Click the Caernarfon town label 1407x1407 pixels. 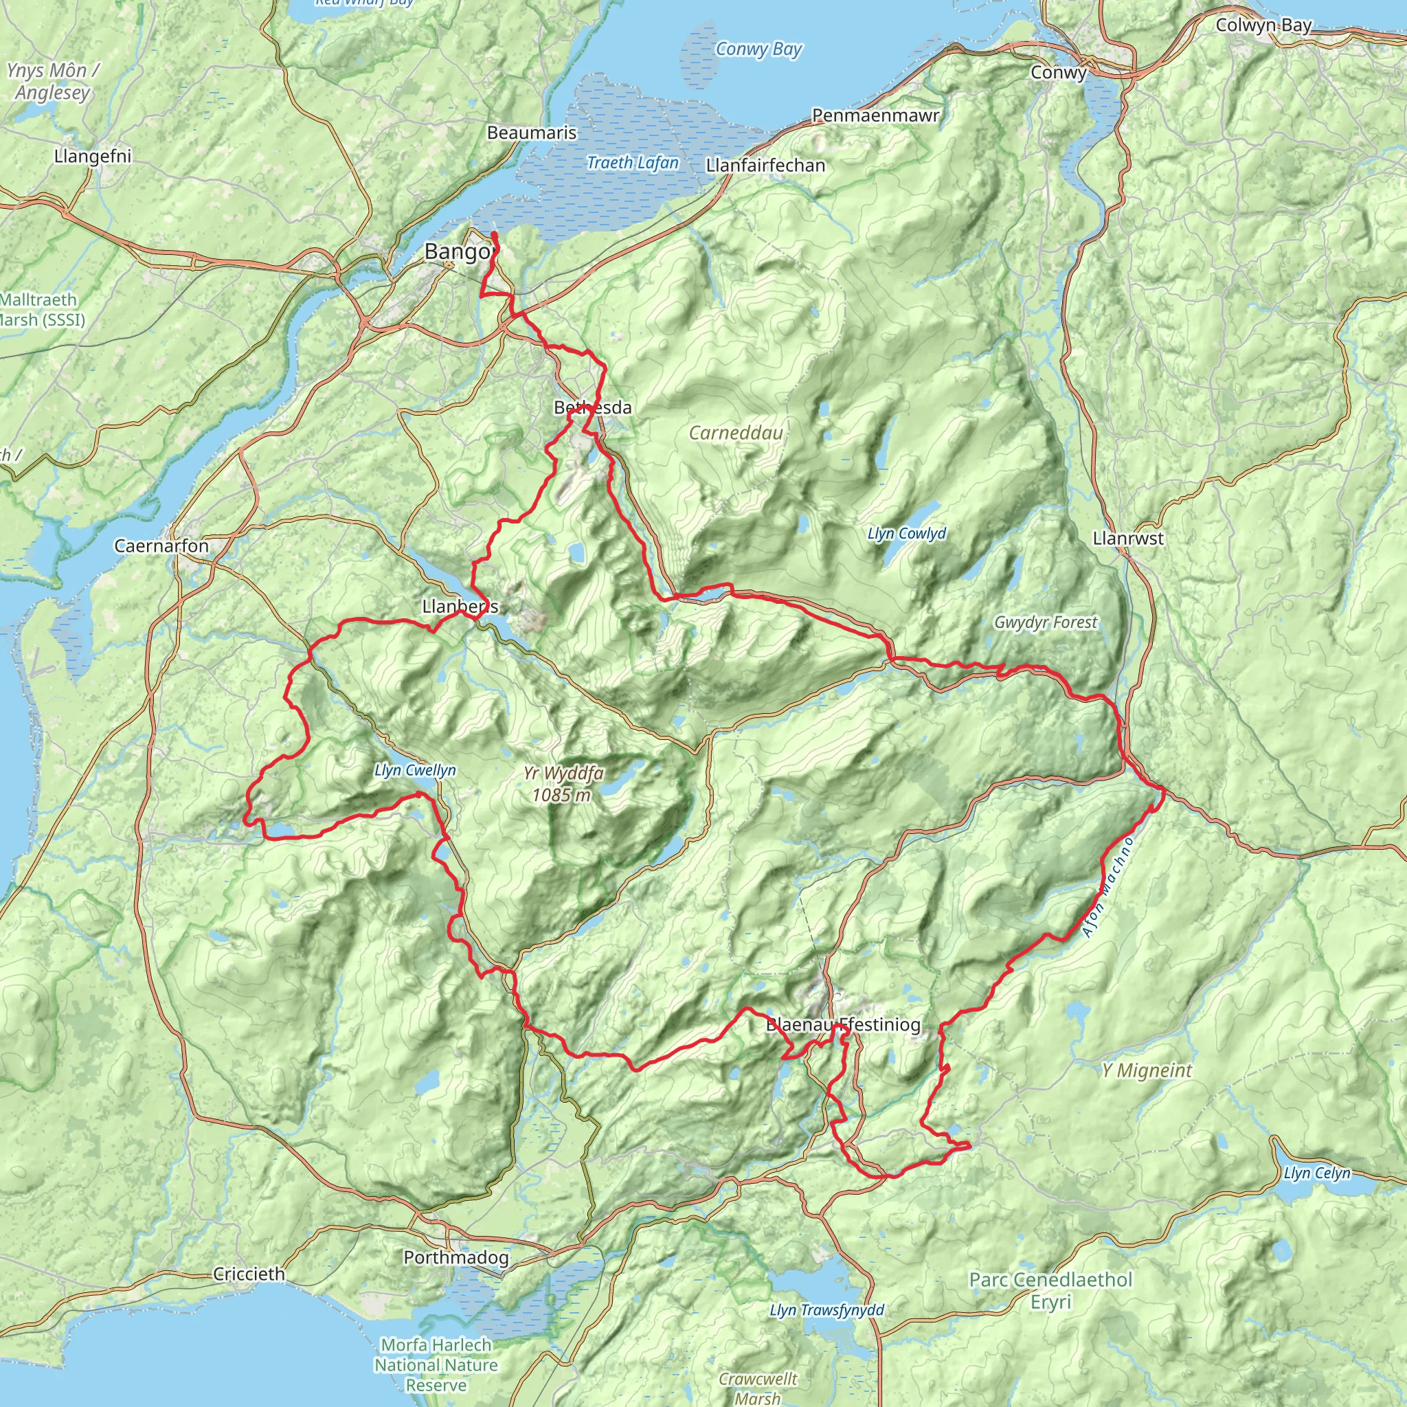[161, 546]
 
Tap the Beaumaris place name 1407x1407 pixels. [532, 133]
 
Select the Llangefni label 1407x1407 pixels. [93, 156]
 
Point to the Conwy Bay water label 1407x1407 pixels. [758, 49]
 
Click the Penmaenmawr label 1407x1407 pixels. [875, 115]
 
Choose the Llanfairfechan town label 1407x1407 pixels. [765, 166]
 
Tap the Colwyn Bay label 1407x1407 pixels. [1263, 25]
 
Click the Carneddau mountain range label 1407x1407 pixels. [736, 433]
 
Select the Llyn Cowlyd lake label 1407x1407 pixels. [907, 533]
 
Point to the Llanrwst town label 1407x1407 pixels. [1128, 538]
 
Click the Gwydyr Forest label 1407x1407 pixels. [1045, 622]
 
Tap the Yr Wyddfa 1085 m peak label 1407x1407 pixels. [563, 784]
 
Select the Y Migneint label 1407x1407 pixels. [1147, 1070]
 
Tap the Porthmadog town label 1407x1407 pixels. [456, 1257]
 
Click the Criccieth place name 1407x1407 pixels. [249, 1274]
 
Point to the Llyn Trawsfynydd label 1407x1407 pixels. [826, 1310]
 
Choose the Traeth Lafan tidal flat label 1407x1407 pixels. [632, 162]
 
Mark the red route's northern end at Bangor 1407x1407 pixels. [495, 234]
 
